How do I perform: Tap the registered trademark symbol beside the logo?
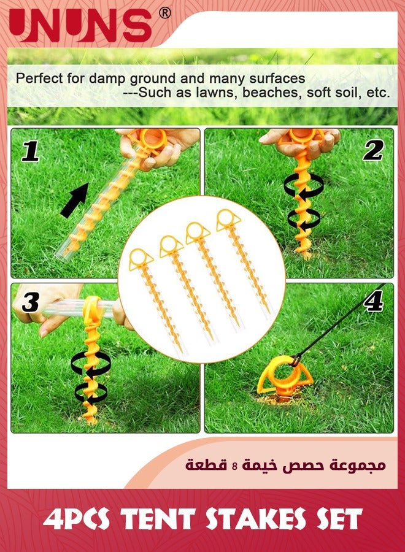pyautogui.click(x=164, y=12)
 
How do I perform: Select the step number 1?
pyautogui.click(x=31, y=151)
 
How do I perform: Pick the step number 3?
pyautogui.click(x=31, y=302)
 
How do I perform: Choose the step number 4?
pyautogui.click(x=373, y=301)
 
